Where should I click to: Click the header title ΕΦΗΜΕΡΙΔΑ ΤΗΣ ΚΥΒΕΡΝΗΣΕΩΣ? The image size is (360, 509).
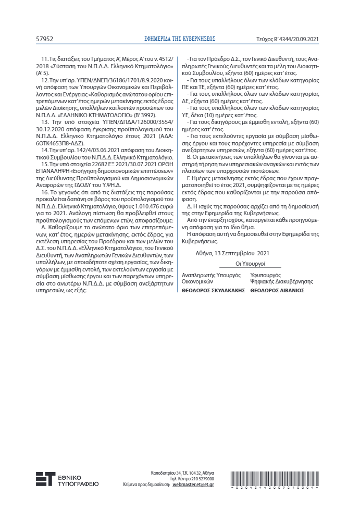(x=180, y=39)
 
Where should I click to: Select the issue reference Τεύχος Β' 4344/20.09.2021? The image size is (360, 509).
(x=296, y=39)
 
